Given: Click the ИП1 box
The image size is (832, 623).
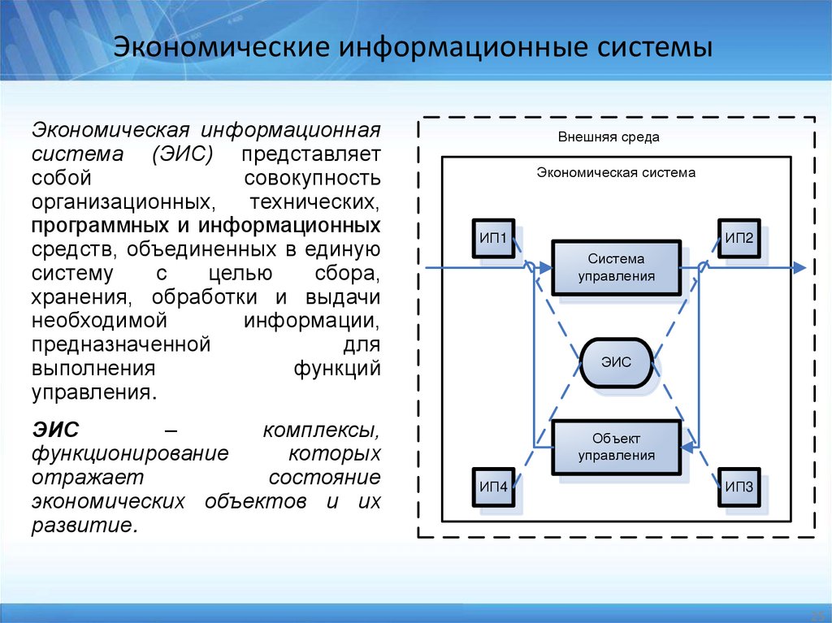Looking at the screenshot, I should tap(492, 239).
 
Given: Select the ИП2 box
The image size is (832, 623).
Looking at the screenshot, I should tap(739, 239).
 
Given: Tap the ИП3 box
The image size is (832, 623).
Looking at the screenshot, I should tap(739, 487).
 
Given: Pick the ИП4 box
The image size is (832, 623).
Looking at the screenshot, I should tap(492, 487).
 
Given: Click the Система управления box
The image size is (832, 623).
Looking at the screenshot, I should tap(616, 267).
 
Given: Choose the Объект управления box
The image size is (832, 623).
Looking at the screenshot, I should tap(616, 447).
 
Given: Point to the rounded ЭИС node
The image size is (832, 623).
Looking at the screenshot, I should tap(616, 362).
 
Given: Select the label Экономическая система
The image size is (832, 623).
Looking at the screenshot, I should tap(616, 172).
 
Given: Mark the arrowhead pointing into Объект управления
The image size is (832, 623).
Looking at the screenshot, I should tap(687, 446).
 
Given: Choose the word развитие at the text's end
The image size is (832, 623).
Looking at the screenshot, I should tap(81, 525).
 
